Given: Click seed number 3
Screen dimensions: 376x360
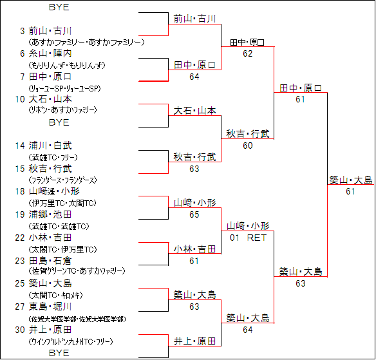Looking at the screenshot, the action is point(23,31).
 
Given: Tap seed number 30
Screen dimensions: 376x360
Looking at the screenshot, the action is point(20,330).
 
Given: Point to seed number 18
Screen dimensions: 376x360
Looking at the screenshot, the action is point(20,191).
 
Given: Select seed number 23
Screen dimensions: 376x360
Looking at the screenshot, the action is point(20,261).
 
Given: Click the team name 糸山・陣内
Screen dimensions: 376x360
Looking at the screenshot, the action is point(50,53).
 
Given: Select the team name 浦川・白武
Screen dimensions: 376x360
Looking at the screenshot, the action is point(50,146).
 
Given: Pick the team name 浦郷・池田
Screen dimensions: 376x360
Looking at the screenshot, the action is point(50,214).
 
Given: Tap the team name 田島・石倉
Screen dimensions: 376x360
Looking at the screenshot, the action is point(50,261).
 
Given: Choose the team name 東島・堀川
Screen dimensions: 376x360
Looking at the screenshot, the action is point(50,307).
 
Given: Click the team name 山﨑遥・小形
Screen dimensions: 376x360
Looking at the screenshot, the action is point(54,191).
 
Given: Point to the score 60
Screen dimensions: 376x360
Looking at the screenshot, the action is point(248,146).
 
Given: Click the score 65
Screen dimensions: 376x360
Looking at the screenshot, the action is point(194,214).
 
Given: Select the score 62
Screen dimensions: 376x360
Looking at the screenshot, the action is point(248,53).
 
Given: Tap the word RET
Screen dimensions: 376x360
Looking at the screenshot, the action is point(257,238).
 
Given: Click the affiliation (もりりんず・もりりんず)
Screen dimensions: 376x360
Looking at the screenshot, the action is point(67,65).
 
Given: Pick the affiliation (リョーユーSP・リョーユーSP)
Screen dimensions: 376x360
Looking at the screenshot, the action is point(64,88).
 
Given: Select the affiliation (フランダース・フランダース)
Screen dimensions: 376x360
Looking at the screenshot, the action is point(62,180).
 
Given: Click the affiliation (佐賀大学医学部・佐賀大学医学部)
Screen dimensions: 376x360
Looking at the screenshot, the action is point(77,319).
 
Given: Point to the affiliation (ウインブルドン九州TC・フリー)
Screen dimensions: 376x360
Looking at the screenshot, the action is point(71,341).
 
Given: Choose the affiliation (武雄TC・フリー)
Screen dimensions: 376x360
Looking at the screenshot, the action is point(53,158).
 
